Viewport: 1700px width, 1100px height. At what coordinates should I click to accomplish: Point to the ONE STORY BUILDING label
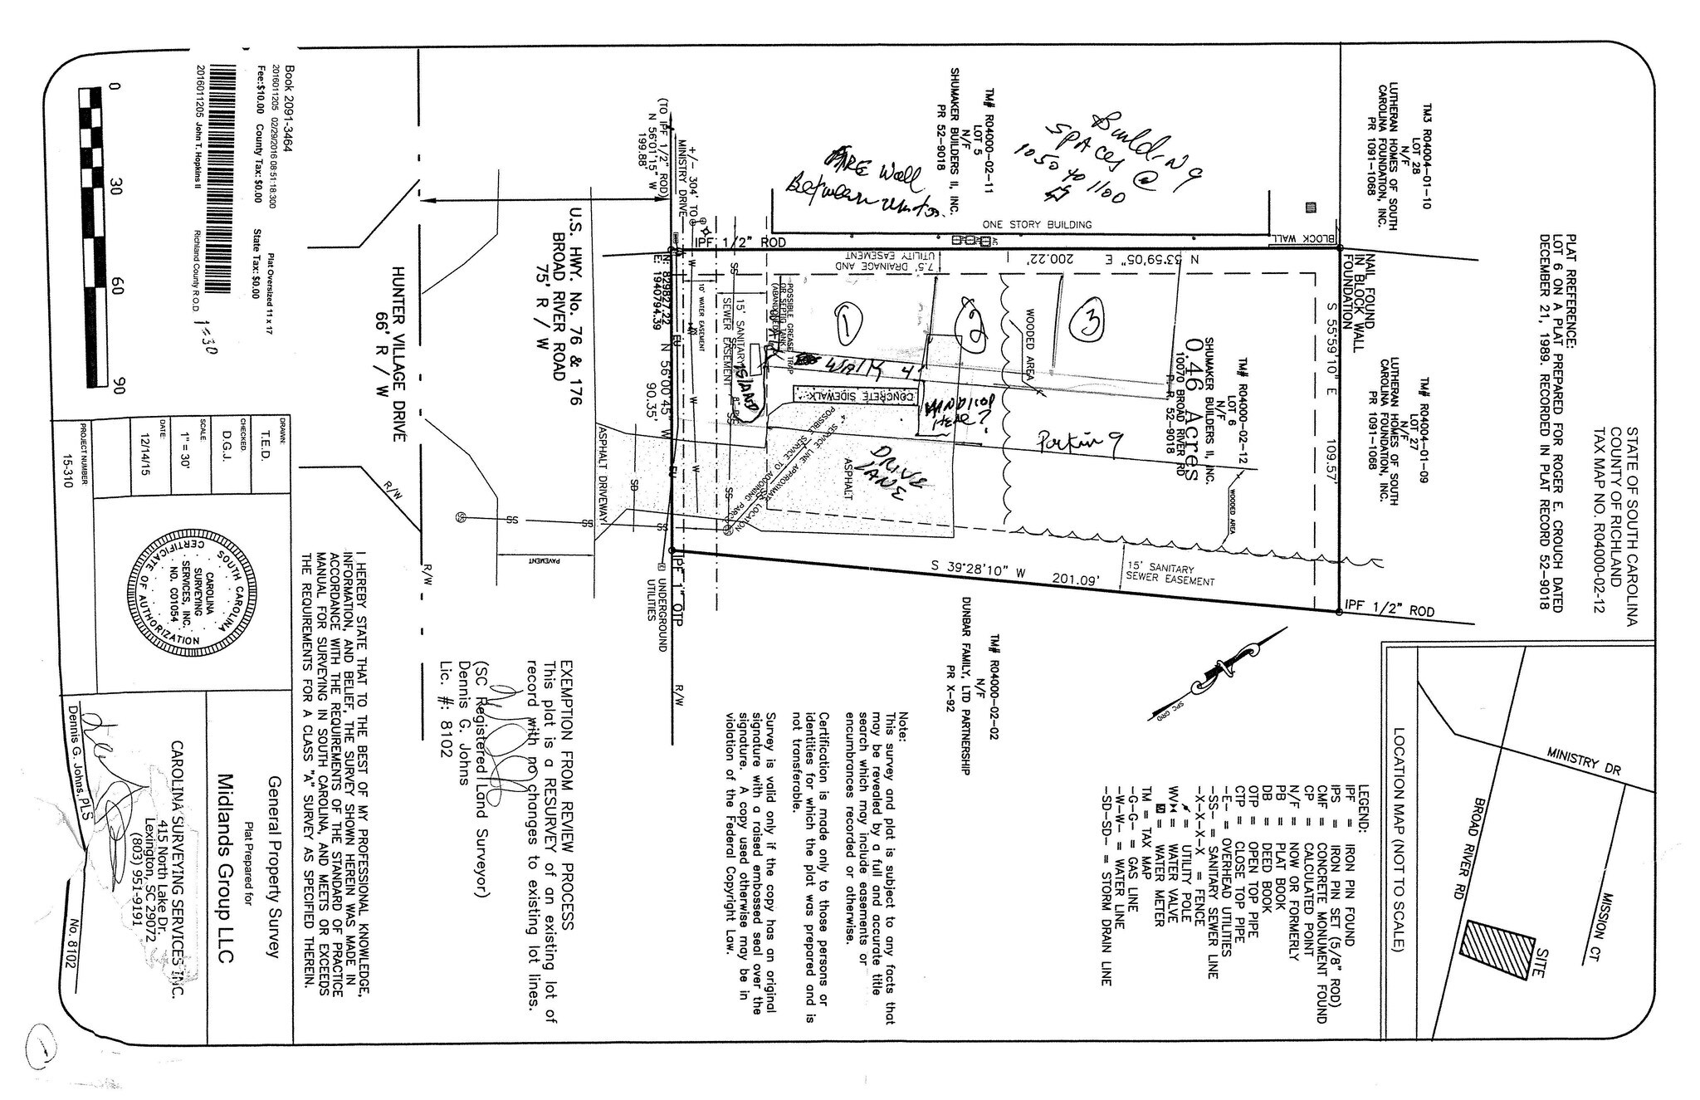click(x=1036, y=224)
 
